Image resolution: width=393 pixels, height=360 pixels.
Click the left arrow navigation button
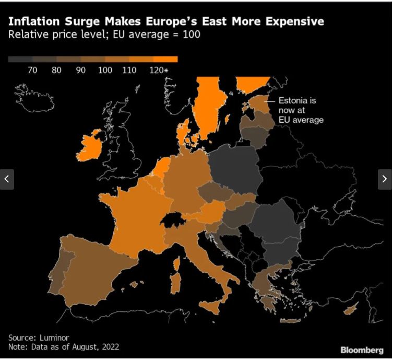[x=7, y=179]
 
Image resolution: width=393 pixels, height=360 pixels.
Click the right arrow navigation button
[x=385, y=179]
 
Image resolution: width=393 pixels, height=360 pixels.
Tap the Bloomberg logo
[x=362, y=350]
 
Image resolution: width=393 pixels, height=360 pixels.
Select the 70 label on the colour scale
[x=32, y=71]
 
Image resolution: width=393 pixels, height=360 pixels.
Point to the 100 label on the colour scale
[x=105, y=71]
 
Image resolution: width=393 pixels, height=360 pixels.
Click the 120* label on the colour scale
[x=158, y=71]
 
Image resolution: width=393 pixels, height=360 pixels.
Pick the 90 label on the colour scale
[x=80, y=71]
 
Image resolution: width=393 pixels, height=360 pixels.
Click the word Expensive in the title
[x=295, y=21]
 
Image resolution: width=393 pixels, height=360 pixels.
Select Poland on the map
[x=234, y=167]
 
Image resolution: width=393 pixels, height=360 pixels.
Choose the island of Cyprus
[x=350, y=310]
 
